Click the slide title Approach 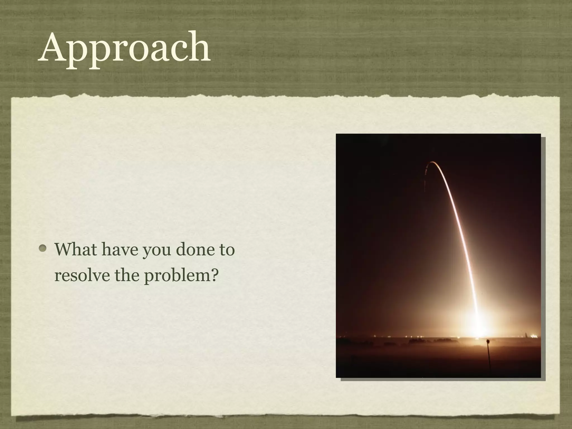click(x=124, y=47)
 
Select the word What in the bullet click(x=75, y=249)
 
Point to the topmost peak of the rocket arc click(x=432, y=162)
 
